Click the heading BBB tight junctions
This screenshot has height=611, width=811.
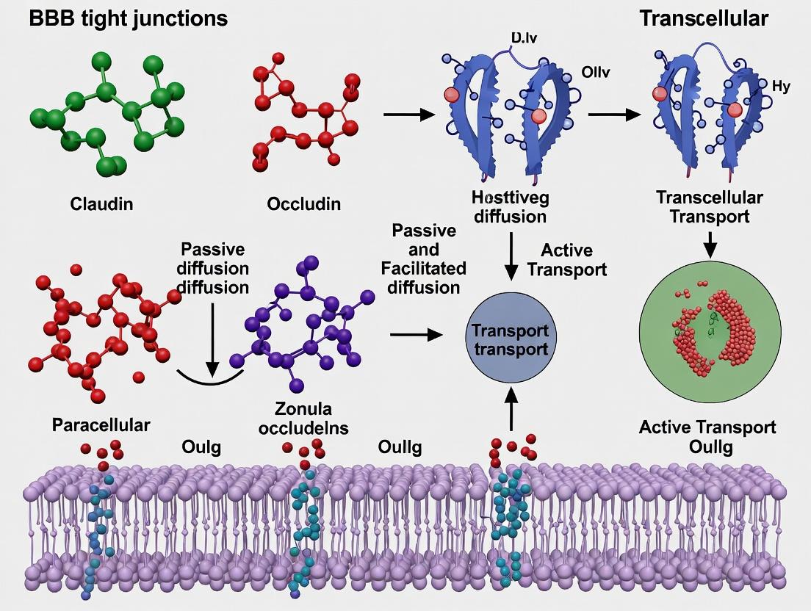(x=128, y=19)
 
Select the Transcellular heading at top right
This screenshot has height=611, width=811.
(x=703, y=18)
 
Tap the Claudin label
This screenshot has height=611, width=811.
(x=101, y=203)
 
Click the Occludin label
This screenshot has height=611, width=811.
(x=303, y=203)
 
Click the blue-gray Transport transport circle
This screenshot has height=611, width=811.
(x=511, y=339)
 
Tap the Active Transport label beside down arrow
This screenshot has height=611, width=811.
(x=566, y=260)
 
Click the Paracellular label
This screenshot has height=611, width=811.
(x=101, y=424)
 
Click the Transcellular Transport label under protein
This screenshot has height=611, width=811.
(x=709, y=206)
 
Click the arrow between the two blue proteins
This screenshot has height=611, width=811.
(x=614, y=115)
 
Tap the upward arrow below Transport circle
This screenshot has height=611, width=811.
(x=511, y=408)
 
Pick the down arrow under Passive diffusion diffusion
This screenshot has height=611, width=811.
(x=212, y=338)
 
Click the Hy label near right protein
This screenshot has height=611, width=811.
(x=781, y=87)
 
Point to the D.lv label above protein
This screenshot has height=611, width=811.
(x=522, y=37)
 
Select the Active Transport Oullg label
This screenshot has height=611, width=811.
(x=707, y=436)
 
